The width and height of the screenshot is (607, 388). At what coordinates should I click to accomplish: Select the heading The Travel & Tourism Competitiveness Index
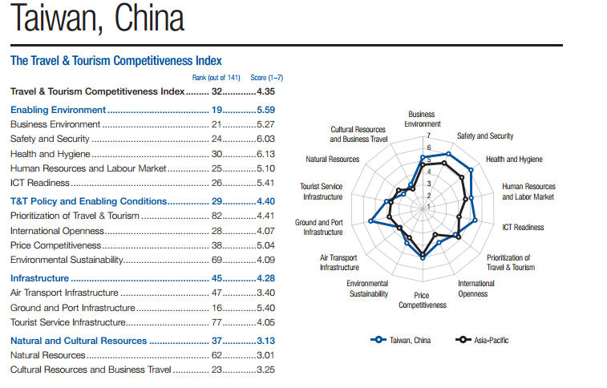tap(115, 60)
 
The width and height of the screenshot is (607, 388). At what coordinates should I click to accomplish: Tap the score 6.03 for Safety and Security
tap(265, 139)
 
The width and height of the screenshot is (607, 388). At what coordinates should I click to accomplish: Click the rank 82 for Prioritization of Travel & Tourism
tap(216, 216)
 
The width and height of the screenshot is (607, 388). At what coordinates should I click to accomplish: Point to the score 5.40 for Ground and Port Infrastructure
tap(265, 308)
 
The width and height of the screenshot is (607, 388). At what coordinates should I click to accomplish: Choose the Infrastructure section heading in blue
tap(40, 277)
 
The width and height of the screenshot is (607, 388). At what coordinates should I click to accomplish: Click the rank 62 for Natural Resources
tap(216, 354)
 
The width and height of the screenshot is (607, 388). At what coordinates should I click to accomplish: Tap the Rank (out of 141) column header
tap(216, 78)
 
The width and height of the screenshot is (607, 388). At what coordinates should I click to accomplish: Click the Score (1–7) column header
tap(267, 78)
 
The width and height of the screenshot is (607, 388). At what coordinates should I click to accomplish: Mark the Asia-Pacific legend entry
tap(483, 340)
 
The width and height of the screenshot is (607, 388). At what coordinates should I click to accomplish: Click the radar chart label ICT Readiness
tap(523, 227)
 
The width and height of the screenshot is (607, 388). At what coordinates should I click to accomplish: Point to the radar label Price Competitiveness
tap(423, 300)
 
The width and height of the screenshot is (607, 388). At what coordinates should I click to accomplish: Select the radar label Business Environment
tap(422, 119)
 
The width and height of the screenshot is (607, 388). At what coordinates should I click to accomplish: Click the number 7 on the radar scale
tap(417, 137)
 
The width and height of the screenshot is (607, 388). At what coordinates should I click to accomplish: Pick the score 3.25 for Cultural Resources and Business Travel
tap(265, 370)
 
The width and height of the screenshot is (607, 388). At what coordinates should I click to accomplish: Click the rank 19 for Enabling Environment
tap(216, 109)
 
